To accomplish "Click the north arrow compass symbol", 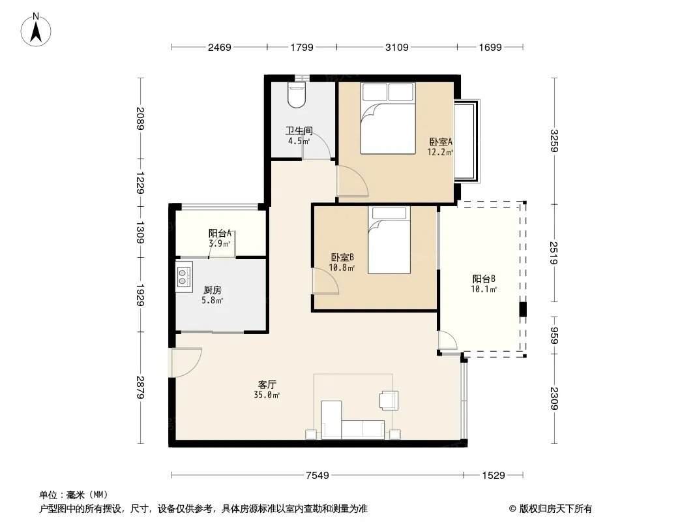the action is click(x=36, y=30).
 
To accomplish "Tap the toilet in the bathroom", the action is click(x=297, y=95).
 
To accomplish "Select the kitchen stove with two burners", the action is click(x=184, y=277).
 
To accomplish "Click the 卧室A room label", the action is click(x=441, y=142).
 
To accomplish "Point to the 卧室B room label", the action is click(x=342, y=257).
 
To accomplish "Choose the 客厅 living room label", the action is click(x=267, y=384).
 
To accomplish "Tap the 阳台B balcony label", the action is click(x=484, y=279).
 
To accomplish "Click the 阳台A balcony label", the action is click(x=220, y=234).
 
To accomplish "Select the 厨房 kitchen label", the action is click(x=213, y=290).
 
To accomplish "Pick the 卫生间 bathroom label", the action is click(x=299, y=131).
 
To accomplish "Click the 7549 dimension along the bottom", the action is click(x=318, y=476).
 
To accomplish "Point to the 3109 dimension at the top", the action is click(x=396, y=47).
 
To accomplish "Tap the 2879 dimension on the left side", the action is click(x=140, y=387).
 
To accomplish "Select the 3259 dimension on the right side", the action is click(x=554, y=140).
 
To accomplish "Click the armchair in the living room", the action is click(x=389, y=400).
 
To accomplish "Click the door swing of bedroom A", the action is click(x=352, y=181).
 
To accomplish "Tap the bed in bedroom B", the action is click(x=389, y=240).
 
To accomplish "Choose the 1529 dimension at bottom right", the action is click(x=494, y=476).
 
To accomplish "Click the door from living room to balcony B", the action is click(x=448, y=341).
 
